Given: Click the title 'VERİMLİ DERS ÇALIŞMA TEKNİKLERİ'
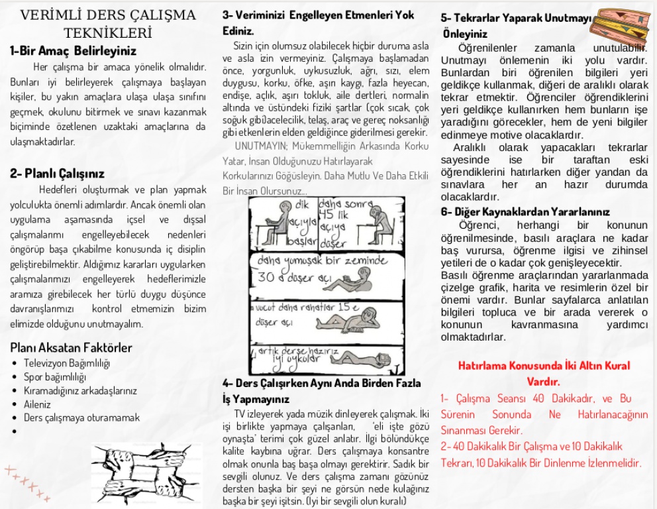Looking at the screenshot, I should click(x=108, y=23).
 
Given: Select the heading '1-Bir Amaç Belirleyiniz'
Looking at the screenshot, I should click(x=73, y=50).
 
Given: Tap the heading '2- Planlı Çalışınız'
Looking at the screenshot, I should click(x=57, y=174).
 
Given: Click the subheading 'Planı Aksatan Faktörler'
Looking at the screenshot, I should click(x=72, y=348).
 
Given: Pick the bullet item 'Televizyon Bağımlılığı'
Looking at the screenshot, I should click(x=67, y=363).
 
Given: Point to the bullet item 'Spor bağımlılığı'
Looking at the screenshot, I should click(x=55, y=377).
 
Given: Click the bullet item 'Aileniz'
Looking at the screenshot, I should click(x=37, y=404).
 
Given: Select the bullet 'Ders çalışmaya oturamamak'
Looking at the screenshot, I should click(x=81, y=418).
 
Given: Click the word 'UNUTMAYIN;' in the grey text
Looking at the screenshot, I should click(x=258, y=146).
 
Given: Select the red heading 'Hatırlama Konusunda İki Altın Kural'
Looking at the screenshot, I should click(x=544, y=365).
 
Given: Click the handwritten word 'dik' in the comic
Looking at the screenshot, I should click(x=301, y=204).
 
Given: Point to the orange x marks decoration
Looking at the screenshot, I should click(x=27, y=482).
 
